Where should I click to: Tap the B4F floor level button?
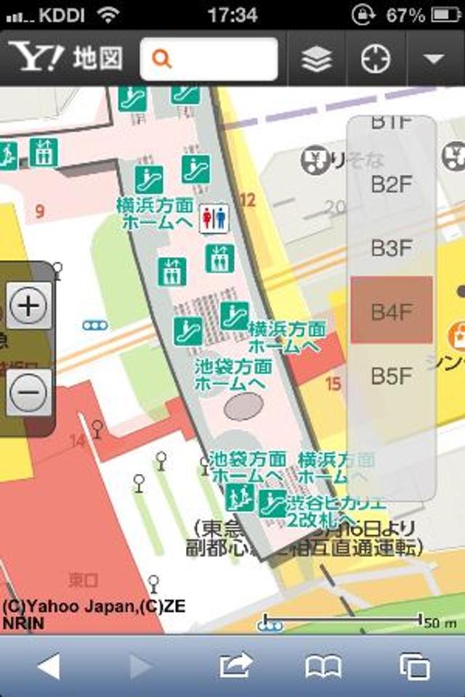pos(392,312)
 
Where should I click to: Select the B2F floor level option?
pos(392,184)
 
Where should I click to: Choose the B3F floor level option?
pos(392,248)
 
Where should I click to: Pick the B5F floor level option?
pos(392,376)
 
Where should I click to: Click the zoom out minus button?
pos(29,392)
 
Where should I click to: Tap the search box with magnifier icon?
pos(209,59)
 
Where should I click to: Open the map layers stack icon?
pos(317,59)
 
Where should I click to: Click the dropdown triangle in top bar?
pos(434,59)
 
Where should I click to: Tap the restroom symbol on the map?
pos(215,217)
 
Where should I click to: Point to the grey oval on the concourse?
pos(244,405)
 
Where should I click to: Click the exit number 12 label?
pos(248,200)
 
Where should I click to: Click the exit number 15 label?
pos(333,383)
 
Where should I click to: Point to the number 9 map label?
pos(39,212)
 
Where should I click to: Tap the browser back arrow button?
pos(49,666)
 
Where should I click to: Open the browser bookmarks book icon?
pos(323,666)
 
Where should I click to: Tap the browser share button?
pos(236,665)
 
